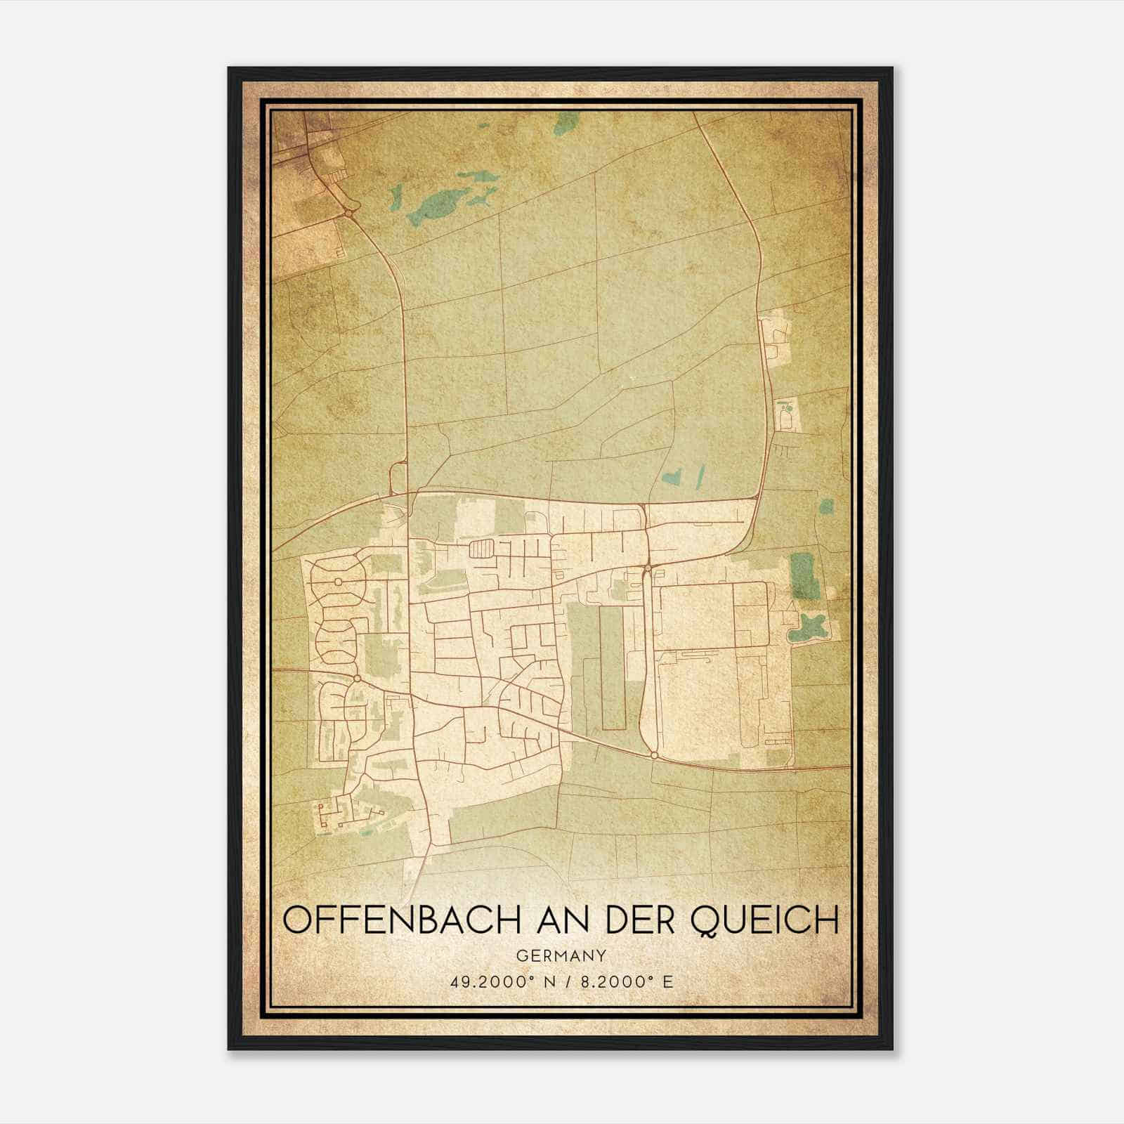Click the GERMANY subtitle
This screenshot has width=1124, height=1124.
pos(561,956)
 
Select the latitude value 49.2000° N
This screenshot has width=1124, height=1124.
pos(499,981)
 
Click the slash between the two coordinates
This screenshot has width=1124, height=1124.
pos(570,981)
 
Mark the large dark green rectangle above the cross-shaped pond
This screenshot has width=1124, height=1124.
pos(802,575)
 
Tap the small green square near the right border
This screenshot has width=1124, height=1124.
pos(827,506)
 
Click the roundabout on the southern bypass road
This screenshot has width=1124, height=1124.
pos(654,755)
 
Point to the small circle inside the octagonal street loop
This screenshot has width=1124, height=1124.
pos(338,582)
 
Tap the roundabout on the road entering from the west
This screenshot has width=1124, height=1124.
pos(358,678)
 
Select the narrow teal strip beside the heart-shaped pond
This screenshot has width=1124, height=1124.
pos(700,476)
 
